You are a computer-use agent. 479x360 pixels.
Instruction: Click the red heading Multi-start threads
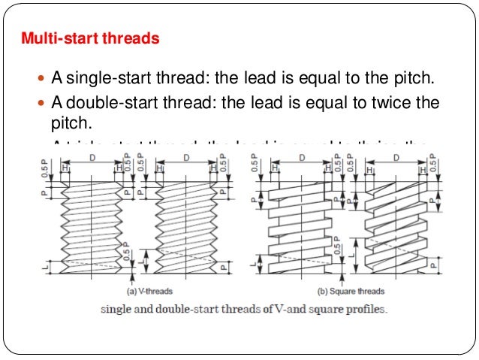click(x=90, y=37)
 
